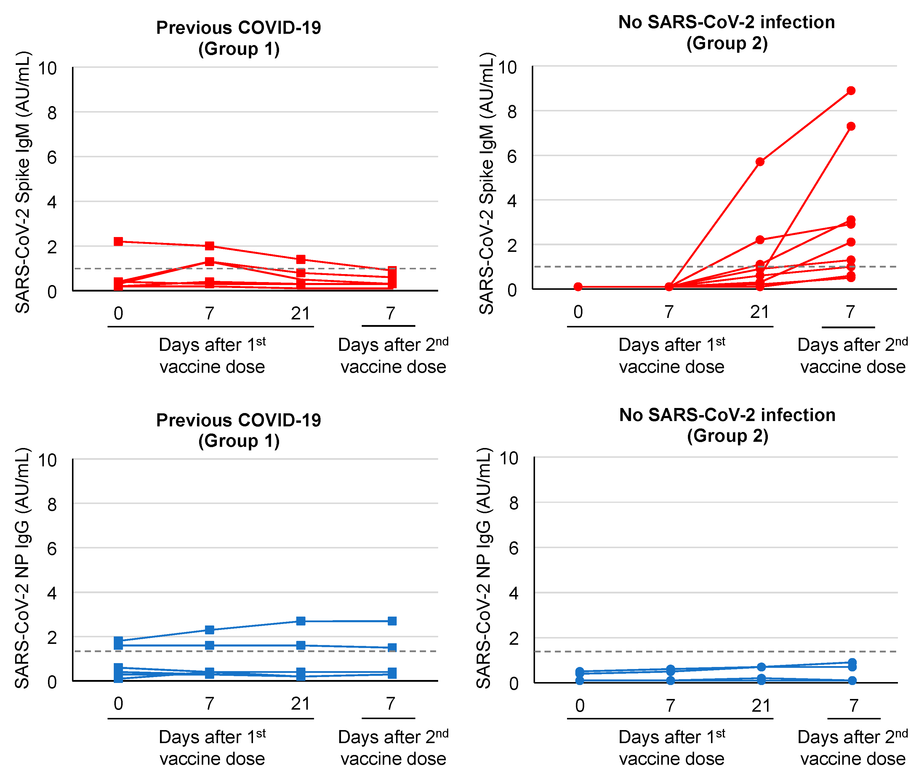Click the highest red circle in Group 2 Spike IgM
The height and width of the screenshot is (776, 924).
pos(851,91)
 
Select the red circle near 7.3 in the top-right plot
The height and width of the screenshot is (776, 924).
pos(851,126)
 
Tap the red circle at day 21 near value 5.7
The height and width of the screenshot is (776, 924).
pos(760,161)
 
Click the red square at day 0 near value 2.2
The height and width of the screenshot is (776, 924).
pos(118,241)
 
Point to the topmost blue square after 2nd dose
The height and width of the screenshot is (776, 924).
pos(392,621)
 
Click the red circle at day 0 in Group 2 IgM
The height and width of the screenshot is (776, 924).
pos(578,287)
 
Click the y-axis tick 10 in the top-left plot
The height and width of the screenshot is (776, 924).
pos(47,69)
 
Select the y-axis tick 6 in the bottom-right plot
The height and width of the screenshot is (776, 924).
pos(513,548)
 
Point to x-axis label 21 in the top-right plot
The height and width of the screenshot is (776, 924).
pos(760,312)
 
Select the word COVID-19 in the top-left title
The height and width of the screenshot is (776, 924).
pos(280,28)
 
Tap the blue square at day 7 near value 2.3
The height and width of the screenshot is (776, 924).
pos(210,630)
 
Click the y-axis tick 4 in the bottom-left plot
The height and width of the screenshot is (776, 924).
pos(52,593)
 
